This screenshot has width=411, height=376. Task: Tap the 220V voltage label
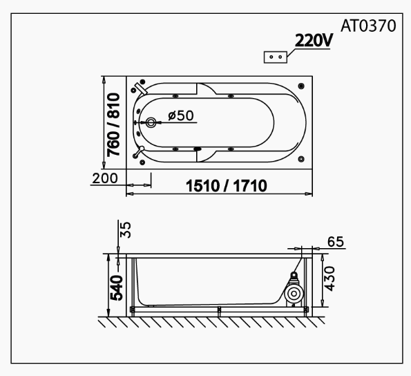coord(314,41)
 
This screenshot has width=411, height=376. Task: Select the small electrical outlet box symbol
coord(275,57)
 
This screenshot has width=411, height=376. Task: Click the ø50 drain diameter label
coord(180,115)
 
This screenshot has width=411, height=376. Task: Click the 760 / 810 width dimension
coord(115,124)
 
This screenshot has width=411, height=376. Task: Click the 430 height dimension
coord(329,278)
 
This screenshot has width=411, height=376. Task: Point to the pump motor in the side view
coord(293,290)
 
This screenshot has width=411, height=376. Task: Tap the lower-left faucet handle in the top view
coord(140,150)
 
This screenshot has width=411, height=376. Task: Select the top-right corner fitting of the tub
coord(302,86)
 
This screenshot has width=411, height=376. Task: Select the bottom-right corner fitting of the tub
coord(302,160)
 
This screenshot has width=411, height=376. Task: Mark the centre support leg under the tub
coord(218,311)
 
